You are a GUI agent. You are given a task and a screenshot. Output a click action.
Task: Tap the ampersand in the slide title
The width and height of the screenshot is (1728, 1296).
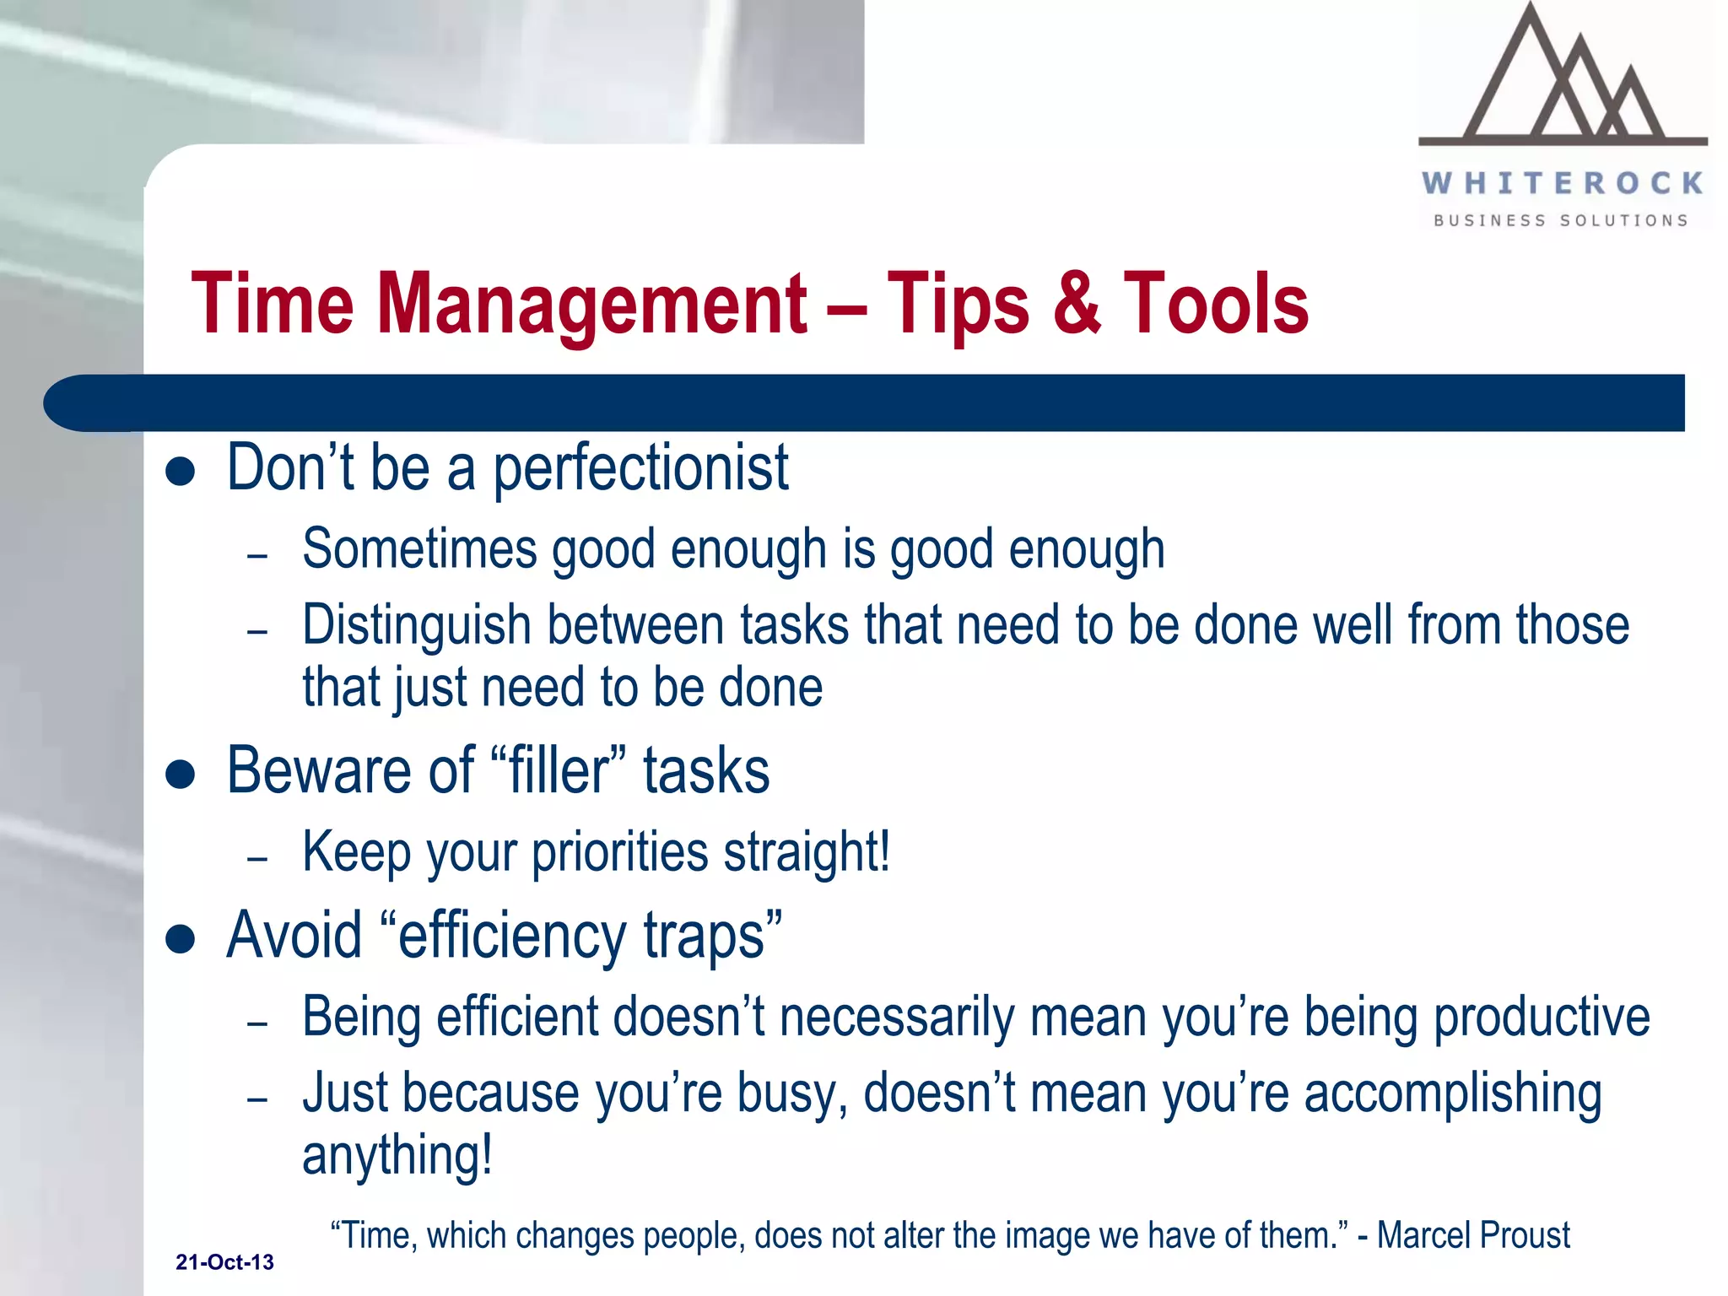tap(1077, 304)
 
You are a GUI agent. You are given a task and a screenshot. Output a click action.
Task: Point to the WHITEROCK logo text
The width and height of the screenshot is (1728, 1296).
tap(1563, 183)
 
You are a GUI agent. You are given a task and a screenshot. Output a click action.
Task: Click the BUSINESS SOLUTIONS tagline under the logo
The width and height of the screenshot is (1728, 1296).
tap(1561, 221)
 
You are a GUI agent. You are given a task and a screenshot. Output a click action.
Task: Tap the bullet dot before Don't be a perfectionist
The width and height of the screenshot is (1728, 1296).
tap(181, 472)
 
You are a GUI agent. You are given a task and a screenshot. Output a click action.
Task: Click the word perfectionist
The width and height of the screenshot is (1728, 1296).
tap(641, 468)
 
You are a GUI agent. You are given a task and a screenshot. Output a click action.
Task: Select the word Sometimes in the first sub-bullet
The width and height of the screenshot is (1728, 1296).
tap(419, 548)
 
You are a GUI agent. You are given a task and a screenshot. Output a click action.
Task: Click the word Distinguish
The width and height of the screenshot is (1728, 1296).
tap(417, 626)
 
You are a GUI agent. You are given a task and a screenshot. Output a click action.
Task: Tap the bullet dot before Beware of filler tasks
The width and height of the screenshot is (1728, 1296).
tap(181, 774)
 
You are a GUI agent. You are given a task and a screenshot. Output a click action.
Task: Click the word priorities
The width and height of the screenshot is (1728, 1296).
tap(619, 852)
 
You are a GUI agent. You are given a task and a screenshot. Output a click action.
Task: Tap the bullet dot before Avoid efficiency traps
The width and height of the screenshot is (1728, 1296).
tap(181, 938)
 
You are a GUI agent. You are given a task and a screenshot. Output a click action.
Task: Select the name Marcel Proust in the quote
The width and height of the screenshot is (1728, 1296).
tap(1473, 1235)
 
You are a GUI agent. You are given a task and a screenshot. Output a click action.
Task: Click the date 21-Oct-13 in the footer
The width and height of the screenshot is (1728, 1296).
tap(224, 1262)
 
